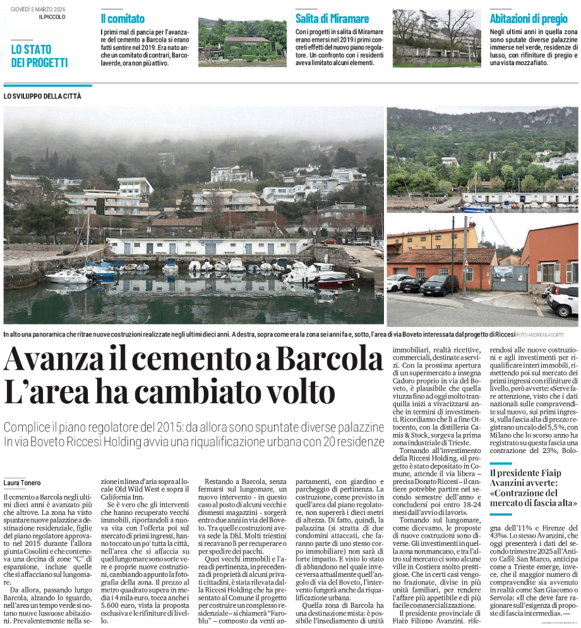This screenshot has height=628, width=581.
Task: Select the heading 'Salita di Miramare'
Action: coord(332,19)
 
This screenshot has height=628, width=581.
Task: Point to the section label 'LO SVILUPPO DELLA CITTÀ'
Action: coord(42,96)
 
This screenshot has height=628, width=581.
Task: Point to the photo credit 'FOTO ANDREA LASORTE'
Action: coord(546,334)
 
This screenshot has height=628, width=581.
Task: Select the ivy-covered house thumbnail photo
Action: coord(242,42)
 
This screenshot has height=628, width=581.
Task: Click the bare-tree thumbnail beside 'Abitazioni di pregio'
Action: coord(437,37)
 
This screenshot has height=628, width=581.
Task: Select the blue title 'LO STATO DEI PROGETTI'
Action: coord(39,56)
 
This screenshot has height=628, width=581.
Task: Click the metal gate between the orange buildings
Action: coord(509,279)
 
